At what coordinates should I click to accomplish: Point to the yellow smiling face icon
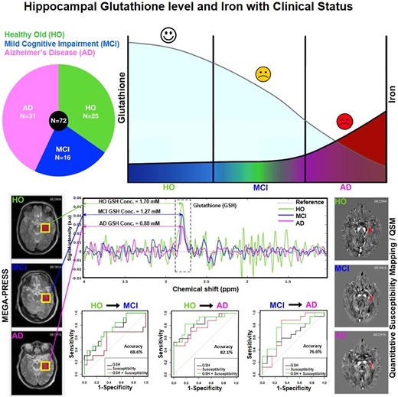click(x=263, y=75)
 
